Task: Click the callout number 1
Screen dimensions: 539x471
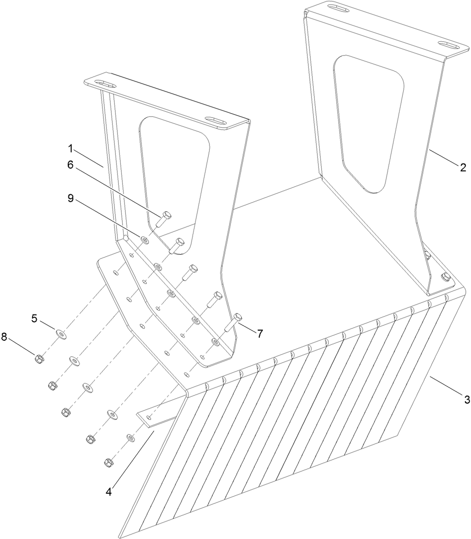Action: click(x=71, y=148)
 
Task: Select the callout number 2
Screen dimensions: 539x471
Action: click(x=463, y=168)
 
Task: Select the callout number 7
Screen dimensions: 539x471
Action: click(x=260, y=333)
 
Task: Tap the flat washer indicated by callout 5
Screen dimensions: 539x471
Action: click(x=61, y=333)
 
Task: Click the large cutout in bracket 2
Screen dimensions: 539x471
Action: click(x=367, y=123)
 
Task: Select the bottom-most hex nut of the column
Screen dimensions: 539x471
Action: click(x=108, y=461)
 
